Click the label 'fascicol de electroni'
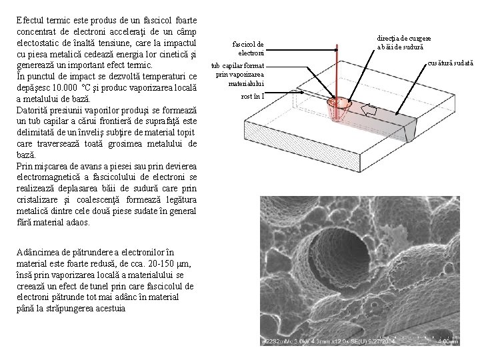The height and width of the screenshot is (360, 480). coord(249,48)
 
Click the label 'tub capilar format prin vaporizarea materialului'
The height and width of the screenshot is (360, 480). coord(239,75)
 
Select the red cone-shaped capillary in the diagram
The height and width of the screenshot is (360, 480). coord(340,110)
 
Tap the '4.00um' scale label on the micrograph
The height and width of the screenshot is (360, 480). coord(447,341)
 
